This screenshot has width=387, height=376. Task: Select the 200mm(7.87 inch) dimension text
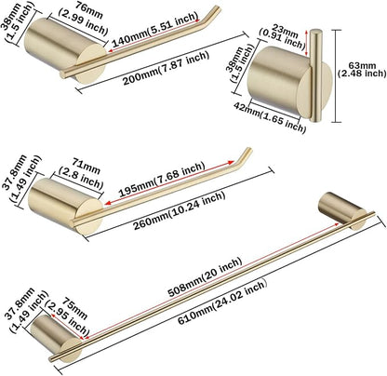(x=166, y=68)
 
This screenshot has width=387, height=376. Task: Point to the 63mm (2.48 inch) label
(x=362, y=70)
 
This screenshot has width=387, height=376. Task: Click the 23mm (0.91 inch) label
(x=282, y=36)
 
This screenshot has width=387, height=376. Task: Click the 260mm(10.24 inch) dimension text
(x=179, y=210)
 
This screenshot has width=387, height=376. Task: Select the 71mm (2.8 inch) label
(x=81, y=174)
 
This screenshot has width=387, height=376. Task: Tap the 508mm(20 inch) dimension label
(x=205, y=276)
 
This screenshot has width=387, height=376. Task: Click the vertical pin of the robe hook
(x=315, y=74)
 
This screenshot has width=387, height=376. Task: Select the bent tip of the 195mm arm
(x=245, y=155)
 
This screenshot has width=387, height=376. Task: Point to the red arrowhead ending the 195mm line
(x=231, y=162)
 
